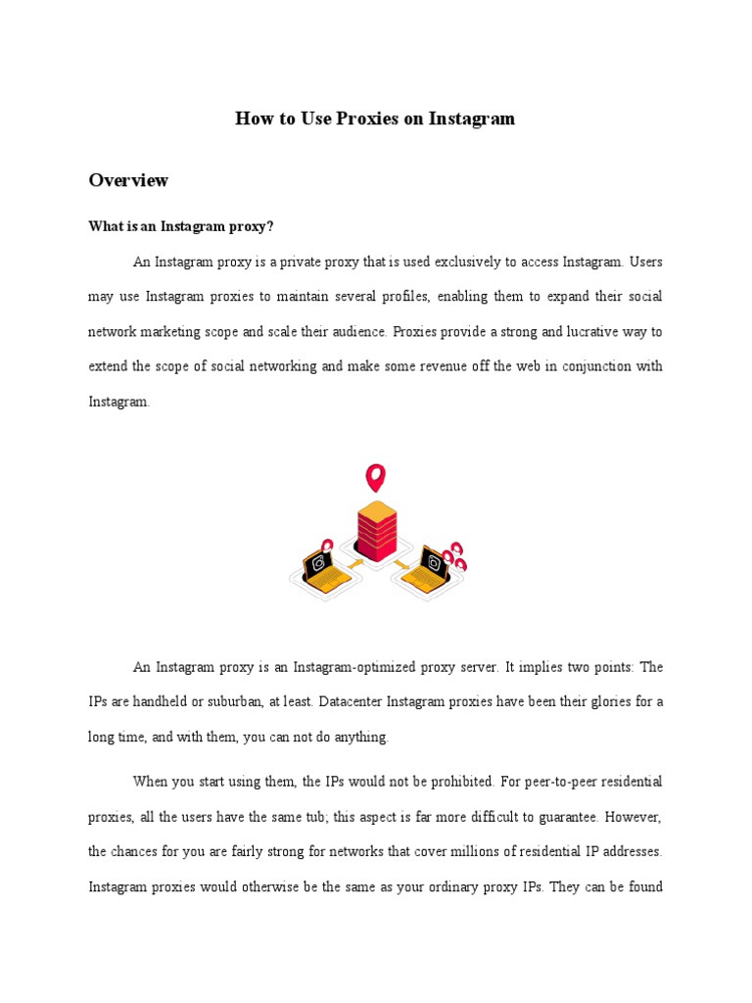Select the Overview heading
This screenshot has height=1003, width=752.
click(x=128, y=180)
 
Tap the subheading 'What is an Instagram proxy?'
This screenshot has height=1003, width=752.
click(x=181, y=227)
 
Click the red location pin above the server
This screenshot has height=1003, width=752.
click(x=375, y=478)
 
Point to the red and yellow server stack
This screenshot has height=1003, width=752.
click(x=376, y=529)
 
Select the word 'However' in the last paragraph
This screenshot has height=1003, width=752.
click(x=632, y=817)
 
